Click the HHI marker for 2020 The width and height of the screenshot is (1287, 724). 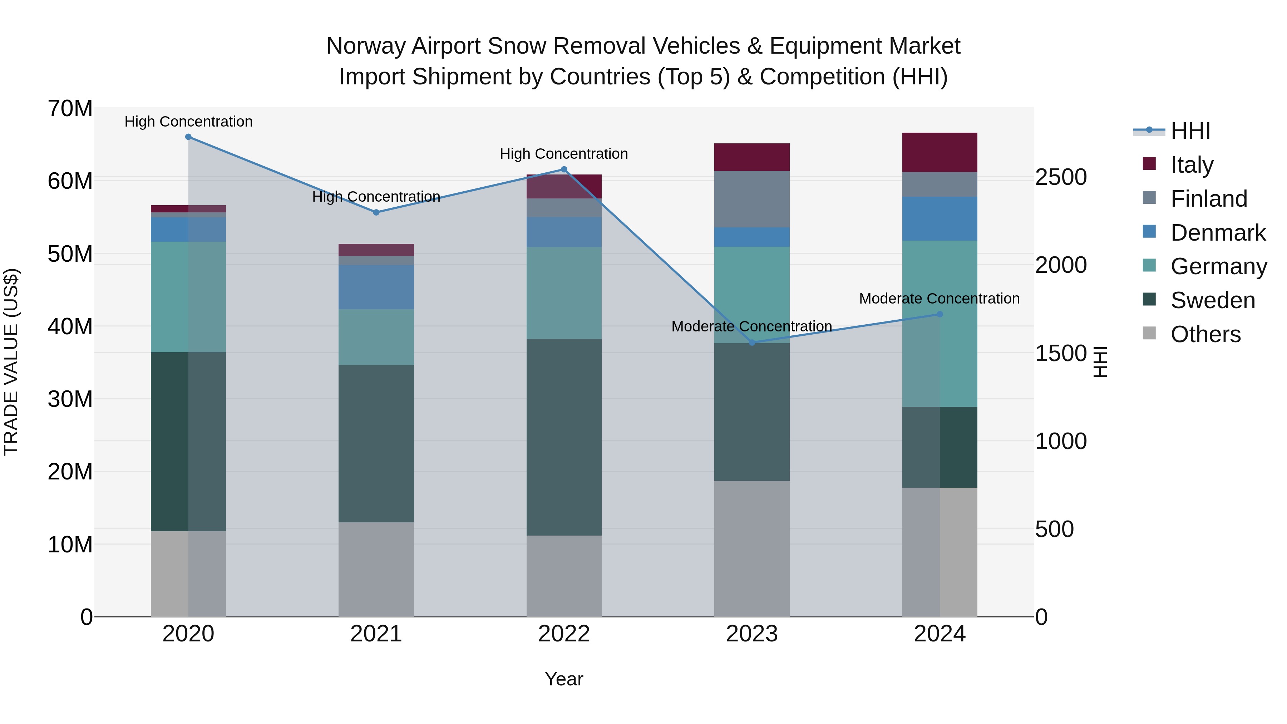188,137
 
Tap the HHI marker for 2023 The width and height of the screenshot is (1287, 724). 752,343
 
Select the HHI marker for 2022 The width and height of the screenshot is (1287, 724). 564,169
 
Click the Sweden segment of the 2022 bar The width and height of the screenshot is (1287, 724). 564,437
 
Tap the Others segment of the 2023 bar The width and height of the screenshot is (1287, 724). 752,548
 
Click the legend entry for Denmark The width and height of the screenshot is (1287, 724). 1218,233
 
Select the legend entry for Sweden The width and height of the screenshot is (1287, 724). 1213,300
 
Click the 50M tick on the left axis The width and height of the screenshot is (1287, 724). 70,254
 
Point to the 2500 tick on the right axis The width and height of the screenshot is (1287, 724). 1061,177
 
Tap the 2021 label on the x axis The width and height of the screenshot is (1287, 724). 376,634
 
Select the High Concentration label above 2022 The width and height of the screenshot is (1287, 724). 564,154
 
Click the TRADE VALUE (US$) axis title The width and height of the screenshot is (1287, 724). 11,362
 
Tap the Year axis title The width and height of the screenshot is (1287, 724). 564,679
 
